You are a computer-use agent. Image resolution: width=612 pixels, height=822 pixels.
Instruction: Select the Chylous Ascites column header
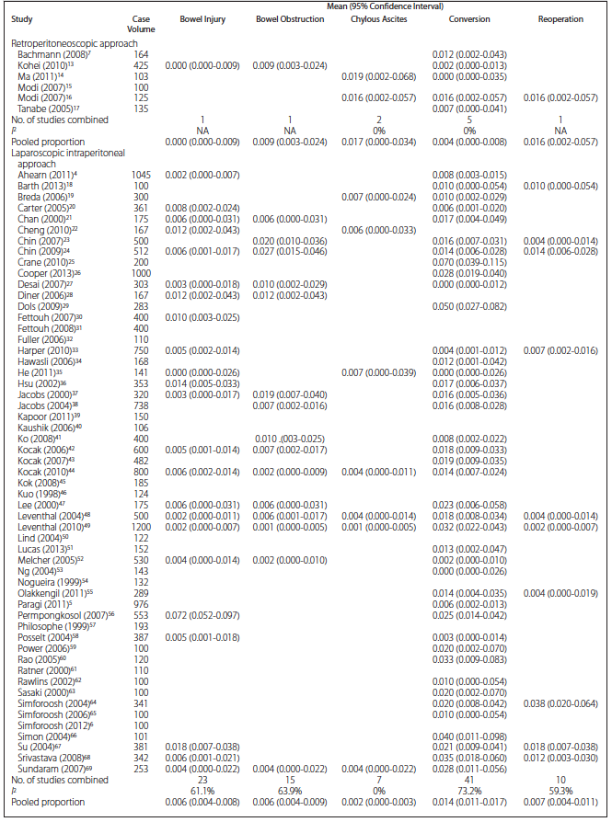pos(367,18)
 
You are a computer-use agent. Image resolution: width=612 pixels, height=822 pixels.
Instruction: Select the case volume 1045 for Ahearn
pos(141,175)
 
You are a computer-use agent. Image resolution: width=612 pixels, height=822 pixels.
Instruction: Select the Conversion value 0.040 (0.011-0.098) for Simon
pos(469,736)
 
